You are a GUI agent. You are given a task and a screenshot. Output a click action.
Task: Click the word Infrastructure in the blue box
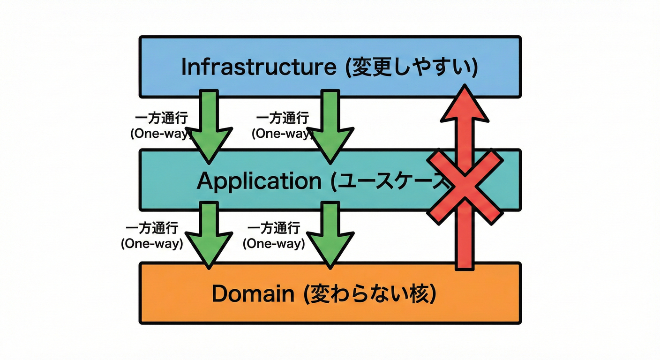pyautogui.click(x=258, y=67)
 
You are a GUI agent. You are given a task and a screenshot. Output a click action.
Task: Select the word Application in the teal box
pyautogui.click(x=259, y=181)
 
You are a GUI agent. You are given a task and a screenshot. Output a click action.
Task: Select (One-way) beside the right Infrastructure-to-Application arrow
pyautogui.click(x=282, y=133)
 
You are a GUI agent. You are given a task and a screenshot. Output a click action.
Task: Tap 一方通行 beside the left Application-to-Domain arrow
pyautogui.click(x=152, y=228)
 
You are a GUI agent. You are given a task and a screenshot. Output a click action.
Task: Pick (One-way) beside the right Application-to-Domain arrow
pyautogui.click(x=274, y=244)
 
